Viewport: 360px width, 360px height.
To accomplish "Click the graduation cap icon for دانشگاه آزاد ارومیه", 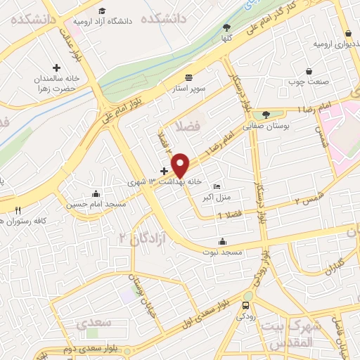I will click(x=103, y=11).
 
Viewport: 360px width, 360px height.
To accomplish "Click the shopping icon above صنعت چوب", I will click(x=309, y=70).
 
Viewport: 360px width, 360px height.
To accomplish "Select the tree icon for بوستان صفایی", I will click(x=266, y=115).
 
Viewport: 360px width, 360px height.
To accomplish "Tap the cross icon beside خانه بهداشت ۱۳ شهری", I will click(x=165, y=171).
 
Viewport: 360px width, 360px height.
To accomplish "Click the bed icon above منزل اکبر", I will click(x=217, y=186).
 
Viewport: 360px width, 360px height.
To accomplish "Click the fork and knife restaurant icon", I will click(x=18, y=210).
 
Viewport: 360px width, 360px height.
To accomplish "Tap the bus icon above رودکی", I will click(x=245, y=306).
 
